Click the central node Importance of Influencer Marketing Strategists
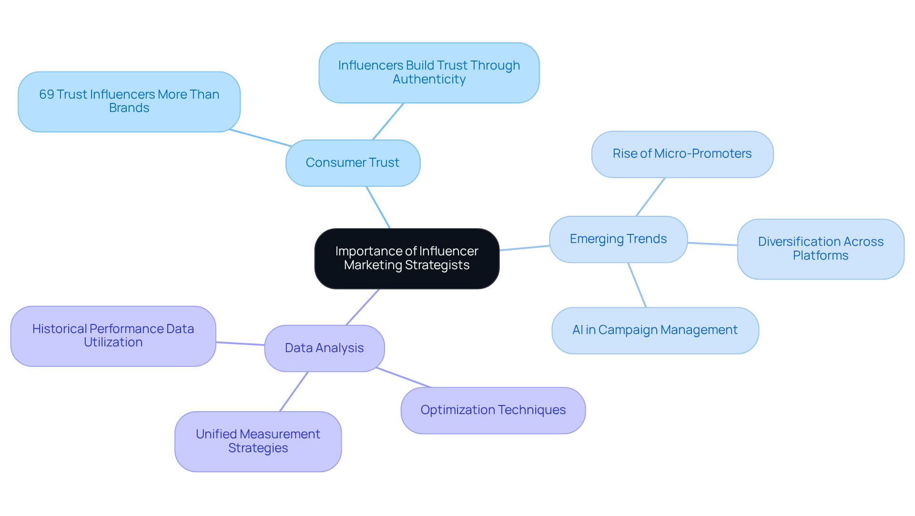[407, 258]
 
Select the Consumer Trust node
[353, 163]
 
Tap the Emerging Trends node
[618, 239]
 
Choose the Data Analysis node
[324, 348]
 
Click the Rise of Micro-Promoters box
[682, 154]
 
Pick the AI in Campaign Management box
[655, 330]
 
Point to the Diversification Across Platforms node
[820, 249]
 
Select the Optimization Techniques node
[493, 410]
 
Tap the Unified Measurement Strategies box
[258, 441]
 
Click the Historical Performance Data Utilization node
[113, 336]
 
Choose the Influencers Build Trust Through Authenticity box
[429, 72]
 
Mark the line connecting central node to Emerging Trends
[524, 248]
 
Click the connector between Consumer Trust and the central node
[378, 207]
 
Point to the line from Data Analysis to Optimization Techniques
[404, 377]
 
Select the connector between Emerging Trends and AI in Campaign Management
[637, 285]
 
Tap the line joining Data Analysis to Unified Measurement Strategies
[294, 392]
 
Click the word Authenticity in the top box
[429, 80]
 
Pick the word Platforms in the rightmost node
[820, 256]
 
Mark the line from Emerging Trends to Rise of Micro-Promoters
[651, 197]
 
